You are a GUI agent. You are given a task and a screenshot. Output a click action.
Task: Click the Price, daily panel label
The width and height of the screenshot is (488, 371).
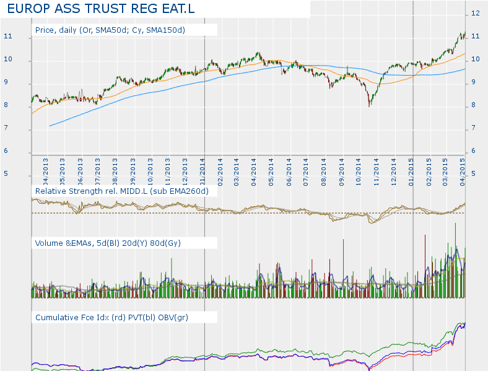pyautogui.click(x=110, y=30)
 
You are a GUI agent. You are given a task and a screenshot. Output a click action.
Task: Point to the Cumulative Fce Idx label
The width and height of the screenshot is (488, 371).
pyautogui.click(x=112, y=317)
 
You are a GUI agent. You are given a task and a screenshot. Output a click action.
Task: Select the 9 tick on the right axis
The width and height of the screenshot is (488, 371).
pyautogui.click(x=474, y=82)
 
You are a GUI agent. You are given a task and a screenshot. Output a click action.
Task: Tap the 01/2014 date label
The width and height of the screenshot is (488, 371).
pyautogui.click(x=203, y=168)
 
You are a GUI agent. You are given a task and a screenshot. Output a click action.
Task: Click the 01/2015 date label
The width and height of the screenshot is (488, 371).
pyautogui.click(x=411, y=168)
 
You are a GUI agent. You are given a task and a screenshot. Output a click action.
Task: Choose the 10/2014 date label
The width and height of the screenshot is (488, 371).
pyautogui.click(x=359, y=168)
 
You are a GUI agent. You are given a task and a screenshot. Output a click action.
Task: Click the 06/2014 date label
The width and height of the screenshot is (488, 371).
pyautogui.click(x=289, y=168)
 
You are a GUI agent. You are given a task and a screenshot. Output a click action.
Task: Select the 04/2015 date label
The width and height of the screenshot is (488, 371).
pyautogui.click(x=463, y=168)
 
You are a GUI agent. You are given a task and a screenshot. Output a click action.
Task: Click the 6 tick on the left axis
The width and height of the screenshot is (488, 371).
pyautogui.click(x=7, y=151)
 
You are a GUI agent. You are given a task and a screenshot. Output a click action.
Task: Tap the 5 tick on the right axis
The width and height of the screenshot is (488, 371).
pyautogui.click(x=474, y=174)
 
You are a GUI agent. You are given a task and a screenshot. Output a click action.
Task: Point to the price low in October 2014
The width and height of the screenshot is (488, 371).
pyautogui.click(x=370, y=107)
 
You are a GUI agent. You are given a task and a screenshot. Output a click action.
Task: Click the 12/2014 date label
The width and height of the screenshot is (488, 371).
pyautogui.click(x=394, y=168)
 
